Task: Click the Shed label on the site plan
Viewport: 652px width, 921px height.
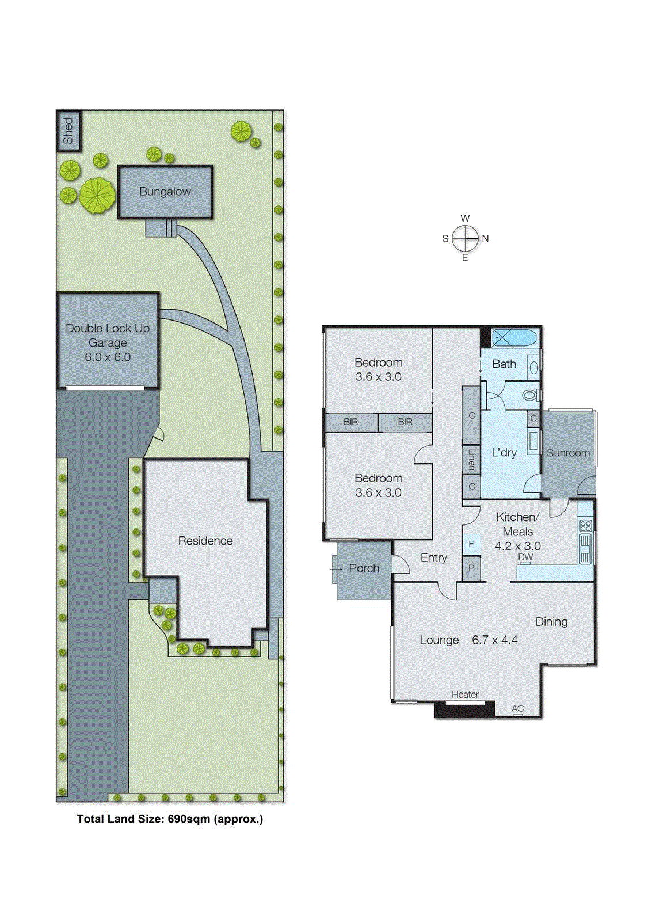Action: pos(68,131)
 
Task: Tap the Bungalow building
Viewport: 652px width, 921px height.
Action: pos(165,192)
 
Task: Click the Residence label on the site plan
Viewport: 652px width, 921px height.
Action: pos(205,541)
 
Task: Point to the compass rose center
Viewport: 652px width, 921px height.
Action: pos(465,238)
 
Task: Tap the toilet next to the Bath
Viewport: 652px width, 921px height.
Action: pos(530,395)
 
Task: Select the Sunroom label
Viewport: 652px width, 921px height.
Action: pos(568,453)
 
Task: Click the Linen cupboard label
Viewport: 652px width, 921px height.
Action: pos(471,459)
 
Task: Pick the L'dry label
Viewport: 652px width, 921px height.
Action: pos(504,453)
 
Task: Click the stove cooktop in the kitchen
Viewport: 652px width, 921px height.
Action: pos(585,526)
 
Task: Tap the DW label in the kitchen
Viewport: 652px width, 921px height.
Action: pos(525,557)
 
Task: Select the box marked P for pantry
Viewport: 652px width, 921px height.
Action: pos(471,568)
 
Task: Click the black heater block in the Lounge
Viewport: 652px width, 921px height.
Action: pos(464,709)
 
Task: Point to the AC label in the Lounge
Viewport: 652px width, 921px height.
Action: pos(517,709)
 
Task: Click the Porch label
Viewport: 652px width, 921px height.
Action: pos(364,568)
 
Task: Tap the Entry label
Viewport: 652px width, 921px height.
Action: pos(433,558)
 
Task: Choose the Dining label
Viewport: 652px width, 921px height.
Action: pos(551,622)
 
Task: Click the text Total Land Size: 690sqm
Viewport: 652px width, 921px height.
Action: pos(170,819)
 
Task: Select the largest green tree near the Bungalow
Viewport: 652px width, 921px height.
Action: pos(97,196)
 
